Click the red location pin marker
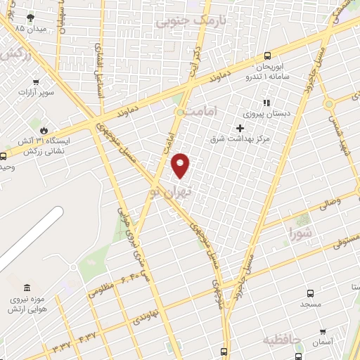pyautogui.click(x=181, y=165)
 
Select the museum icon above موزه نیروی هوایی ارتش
pyautogui.click(x=27, y=288)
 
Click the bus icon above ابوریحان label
pyautogui.click(x=267, y=56)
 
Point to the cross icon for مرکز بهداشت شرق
pyautogui.click(x=240, y=128)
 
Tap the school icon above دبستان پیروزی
pyautogui.click(x=266, y=103)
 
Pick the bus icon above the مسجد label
pyautogui.click(x=310, y=293)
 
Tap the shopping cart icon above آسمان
pyautogui.click(x=323, y=331)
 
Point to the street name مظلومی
pyautogui.click(x=102, y=288)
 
